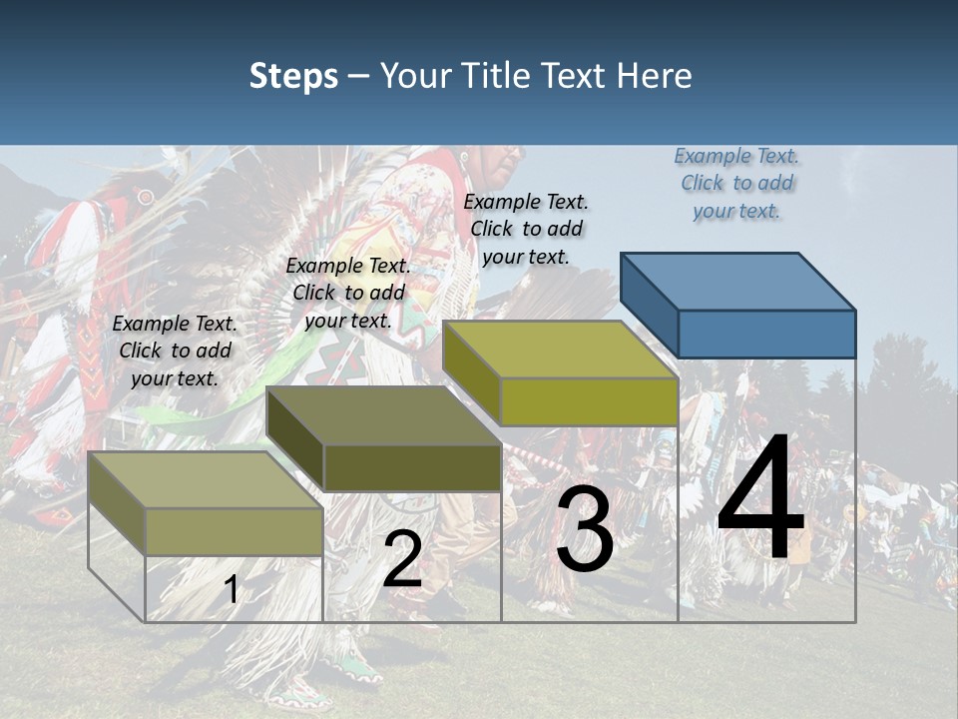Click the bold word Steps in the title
pyautogui.click(x=293, y=76)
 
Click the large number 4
pyautogui.click(x=760, y=499)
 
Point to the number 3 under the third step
pyautogui.click(x=585, y=530)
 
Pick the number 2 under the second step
pyautogui.click(x=402, y=559)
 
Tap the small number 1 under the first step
pyautogui.click(x=232, y=590)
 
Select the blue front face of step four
pyautogui.click(x=766, y=334)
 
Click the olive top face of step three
pyautogui.click(x=560, y=350)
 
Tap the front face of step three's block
pyautogui.click(x=589, y=401)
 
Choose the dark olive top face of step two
pyautogui.click(x=384, y=414)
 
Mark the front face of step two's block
pyautogui.click(x=412, y=467)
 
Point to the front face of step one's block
pyautogui.click(x=234, y=531)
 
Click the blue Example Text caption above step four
pyautogui.click(x=736, y=183)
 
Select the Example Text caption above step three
pyautogui.click(x=526, y=229)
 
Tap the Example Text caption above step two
pyautogui.click(x=348, y=293)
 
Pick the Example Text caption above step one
pyautogui.click(x=175, y=351)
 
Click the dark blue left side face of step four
pyautogui.click(x=649, y=304)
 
